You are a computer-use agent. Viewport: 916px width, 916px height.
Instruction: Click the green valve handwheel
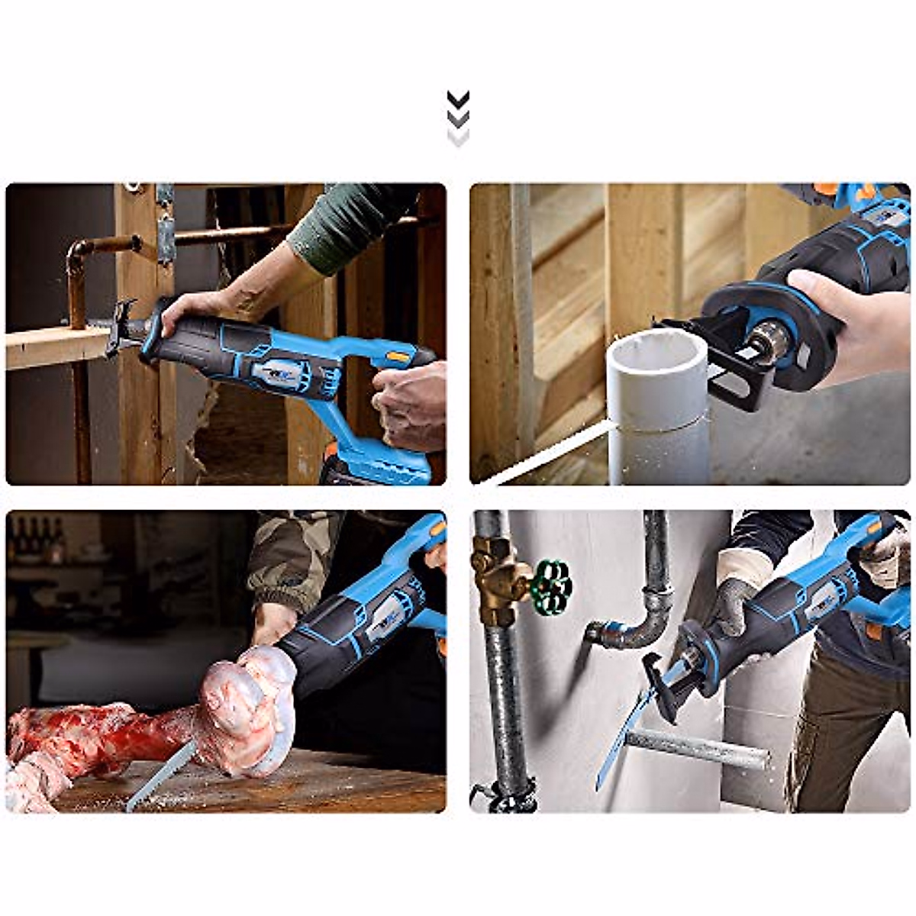click(550, 586)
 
